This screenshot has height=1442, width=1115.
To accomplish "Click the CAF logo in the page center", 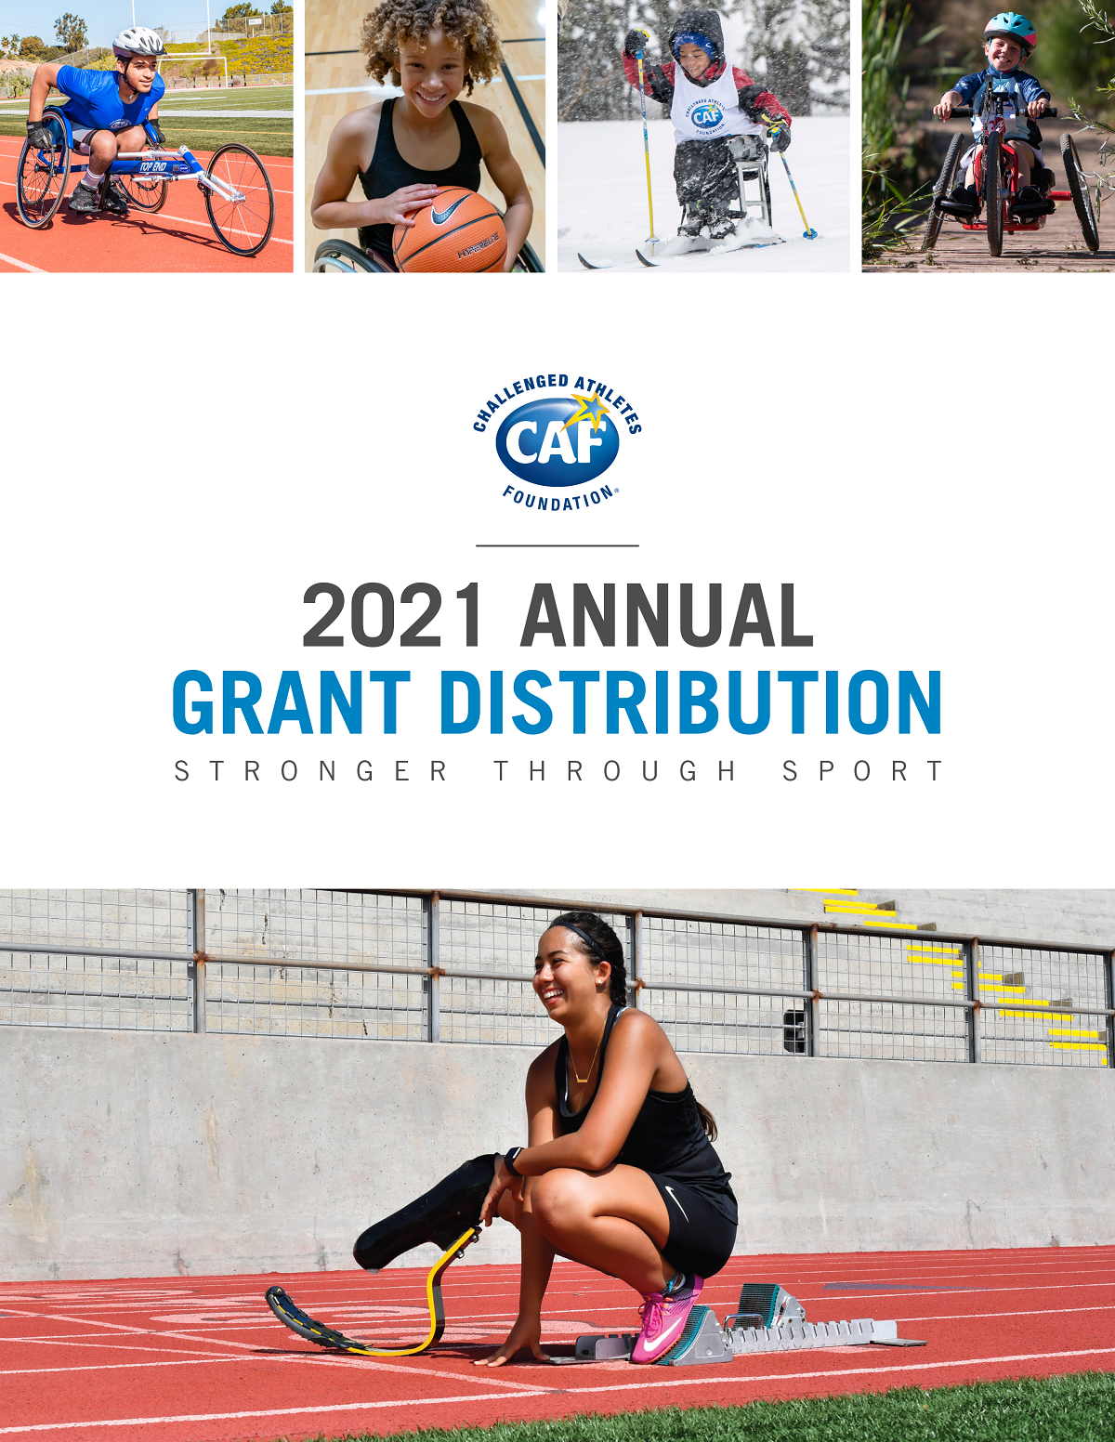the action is coord(557,442).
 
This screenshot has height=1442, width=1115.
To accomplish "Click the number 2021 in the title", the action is coord(392,614).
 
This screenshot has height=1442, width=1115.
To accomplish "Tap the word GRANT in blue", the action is coord(291,701).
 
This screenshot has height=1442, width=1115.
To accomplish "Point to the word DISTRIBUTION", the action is coord(690,701).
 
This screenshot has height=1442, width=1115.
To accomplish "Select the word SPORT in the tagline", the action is coord(863,771).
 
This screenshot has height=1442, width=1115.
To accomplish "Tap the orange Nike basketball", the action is coord(450,229).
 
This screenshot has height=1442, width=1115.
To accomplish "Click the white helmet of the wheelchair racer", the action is coord(138,43).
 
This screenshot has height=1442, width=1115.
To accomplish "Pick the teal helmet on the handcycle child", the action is coord(1009,28).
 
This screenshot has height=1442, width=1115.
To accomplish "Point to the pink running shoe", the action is coord(665,1328).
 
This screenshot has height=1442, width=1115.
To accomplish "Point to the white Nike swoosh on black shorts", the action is coord(676,1200).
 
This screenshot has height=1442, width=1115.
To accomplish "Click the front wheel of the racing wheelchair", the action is coord(239,200).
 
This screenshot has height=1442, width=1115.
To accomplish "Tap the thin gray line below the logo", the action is coord(557,545).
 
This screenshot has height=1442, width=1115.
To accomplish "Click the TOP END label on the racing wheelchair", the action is coord(153,166).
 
